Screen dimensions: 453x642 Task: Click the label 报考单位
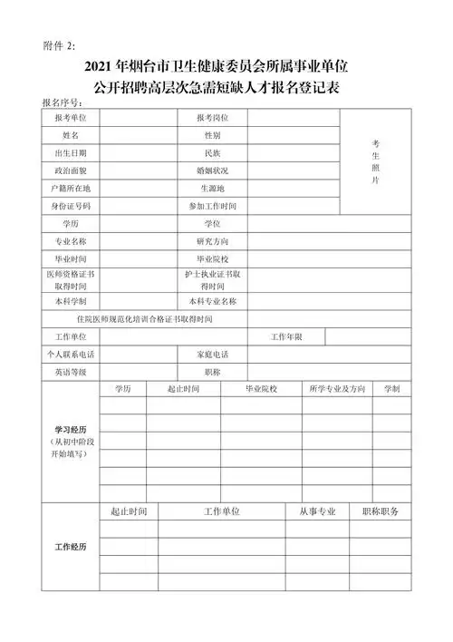coord(70,119)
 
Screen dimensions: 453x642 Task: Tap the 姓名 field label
coord(70,135)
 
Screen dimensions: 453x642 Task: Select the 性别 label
coord(213,135)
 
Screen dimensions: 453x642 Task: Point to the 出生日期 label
coord(70,152)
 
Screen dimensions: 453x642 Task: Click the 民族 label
coord(213,152)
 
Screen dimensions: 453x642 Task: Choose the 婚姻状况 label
coord(213,170)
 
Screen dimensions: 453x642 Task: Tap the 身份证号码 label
coord(70,205)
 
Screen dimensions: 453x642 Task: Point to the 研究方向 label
coord(213,241)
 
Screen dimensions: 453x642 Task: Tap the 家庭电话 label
coord(213,354)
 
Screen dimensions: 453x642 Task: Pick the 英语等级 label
coord(70,372)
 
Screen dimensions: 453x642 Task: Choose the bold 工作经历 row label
coord(70,547)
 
